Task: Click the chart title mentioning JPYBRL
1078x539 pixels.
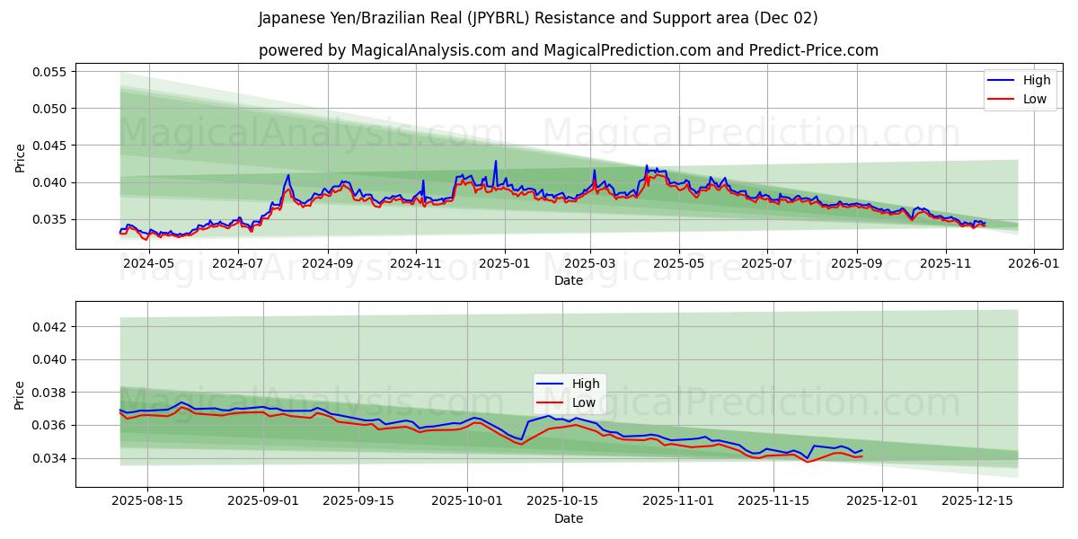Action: pyautogui.click(x=538, y=18)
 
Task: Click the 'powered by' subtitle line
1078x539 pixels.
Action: pyautogui.click(x=568, y=50)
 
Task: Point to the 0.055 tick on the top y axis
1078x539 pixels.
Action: pyautogui.click(x=51, y=72)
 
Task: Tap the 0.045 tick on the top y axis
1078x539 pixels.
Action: pyautogui.click(x=51, y=146)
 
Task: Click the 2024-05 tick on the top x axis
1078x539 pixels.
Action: pyautogui.click(x=148, y=263)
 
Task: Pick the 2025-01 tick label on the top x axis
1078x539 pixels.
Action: pyautogui.click(x=504, y=263)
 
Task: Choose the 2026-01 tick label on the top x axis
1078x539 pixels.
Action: pyautogui.click(x=1034, y=263)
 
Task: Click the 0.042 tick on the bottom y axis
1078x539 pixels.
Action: pyautogui.click(x=51, y=327)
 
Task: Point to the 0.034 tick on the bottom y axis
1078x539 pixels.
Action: pyautogui.click(x=51, y=458)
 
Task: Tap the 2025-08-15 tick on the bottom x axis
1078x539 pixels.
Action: pyautogui.click(x=148, y=501)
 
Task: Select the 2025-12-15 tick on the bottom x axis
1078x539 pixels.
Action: pyautogui.click(x=976, y=501)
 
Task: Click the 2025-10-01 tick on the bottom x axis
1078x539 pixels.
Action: pyautogui.click(x=467, y=501)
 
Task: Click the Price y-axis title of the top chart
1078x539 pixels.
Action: pyautogui.click(x=21, y=157)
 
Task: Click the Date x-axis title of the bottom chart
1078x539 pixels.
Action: pyautogui.click(x=568, y=518)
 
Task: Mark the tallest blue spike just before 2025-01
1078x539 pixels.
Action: pyautogui.click(x=495, y=162)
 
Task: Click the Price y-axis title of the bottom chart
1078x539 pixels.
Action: pyautogui.click(x=21, y=394)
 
